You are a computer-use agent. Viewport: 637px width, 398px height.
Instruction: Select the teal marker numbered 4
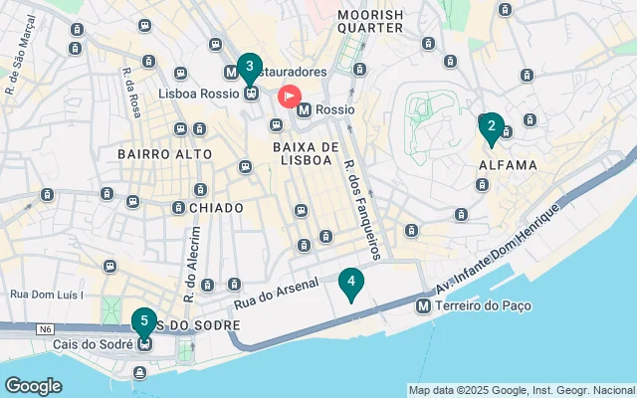click(350, 284)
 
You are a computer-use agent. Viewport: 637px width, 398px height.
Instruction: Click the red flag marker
click(289, 97)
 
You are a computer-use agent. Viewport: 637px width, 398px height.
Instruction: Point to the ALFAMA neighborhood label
click(508, 165)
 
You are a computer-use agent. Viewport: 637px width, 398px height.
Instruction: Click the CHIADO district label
click(215, 207)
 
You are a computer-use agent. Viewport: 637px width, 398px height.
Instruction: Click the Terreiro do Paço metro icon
click(424, 306)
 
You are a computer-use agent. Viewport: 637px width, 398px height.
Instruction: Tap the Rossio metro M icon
click(305, 109)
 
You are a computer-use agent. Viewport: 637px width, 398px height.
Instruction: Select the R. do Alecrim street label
click(192, 264)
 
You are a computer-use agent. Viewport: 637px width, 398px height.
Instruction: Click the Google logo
click(33, 386)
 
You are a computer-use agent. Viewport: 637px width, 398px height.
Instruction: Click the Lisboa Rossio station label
click(198, 93)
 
